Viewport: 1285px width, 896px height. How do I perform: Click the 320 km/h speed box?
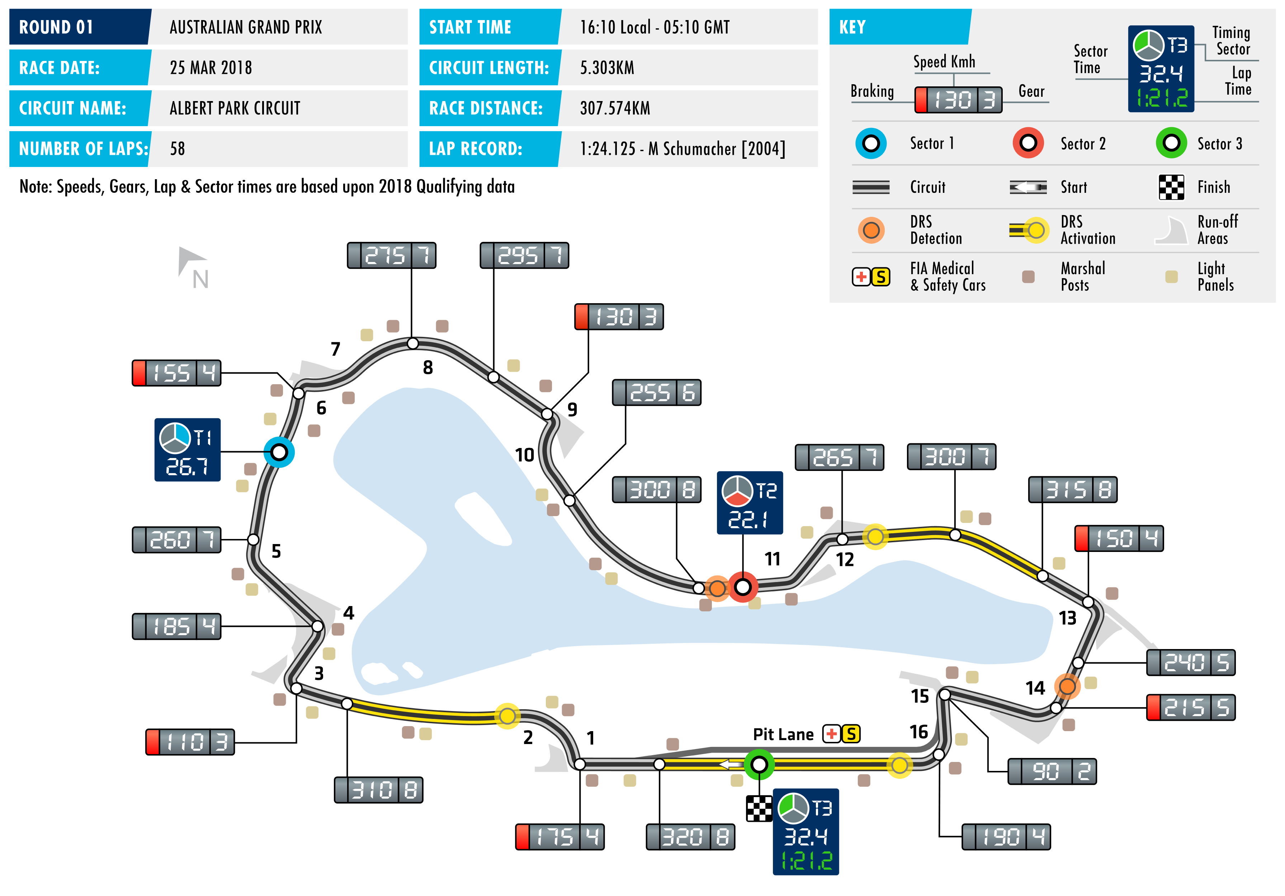tap(690, 837)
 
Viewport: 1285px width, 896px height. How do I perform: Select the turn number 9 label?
tap(572, 409)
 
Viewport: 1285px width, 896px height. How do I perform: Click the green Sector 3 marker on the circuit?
tap(759, 764)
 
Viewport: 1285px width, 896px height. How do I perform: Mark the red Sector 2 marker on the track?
tap(743, 587)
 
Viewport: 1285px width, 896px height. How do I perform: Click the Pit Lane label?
tap(783, 734)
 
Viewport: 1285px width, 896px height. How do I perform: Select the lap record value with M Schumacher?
tap(682, 149)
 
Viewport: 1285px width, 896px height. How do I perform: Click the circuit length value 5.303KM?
tap(607, 68)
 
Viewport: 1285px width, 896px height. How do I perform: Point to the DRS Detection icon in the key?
tap(871, 230)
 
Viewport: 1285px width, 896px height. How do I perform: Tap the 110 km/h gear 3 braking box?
tap(190, 742)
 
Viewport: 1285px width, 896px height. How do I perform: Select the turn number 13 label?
tap(1067, 618)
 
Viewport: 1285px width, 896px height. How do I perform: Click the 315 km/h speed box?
tap(1072, 490)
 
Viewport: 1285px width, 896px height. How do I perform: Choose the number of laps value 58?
tap(178, 149)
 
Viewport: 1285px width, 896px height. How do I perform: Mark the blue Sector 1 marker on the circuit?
tap(279, 452)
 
